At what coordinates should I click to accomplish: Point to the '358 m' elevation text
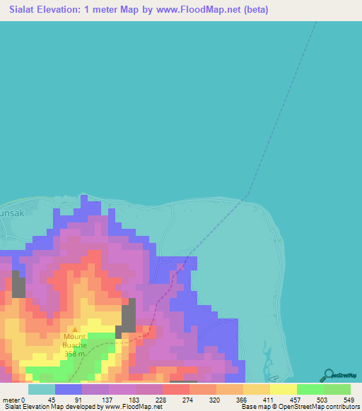[78, 354]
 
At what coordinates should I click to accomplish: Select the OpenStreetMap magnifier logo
[328, 375]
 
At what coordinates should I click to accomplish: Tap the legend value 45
[52, 399]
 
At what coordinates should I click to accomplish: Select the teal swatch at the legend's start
[42, 389]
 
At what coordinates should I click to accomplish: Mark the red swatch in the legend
[175, 389]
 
